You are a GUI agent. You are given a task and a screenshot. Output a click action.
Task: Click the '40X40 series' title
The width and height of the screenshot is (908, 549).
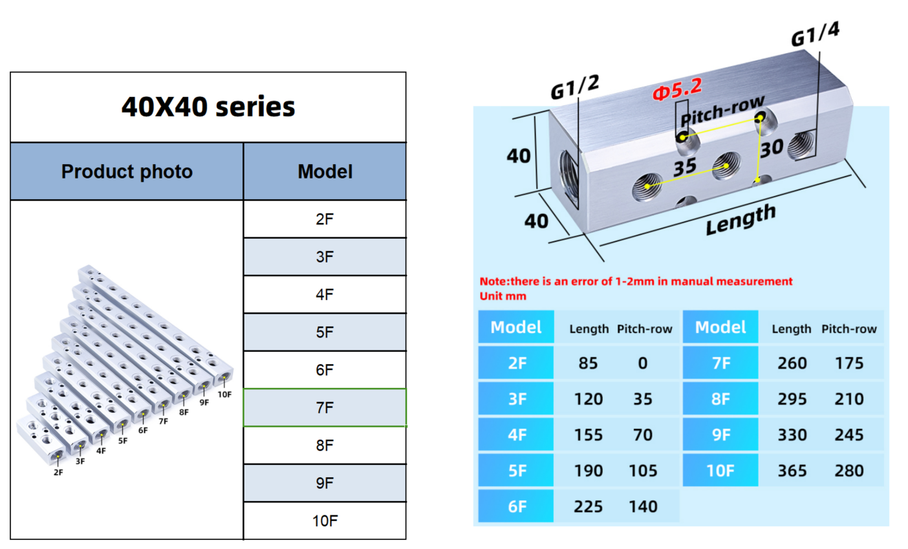pos(208,107)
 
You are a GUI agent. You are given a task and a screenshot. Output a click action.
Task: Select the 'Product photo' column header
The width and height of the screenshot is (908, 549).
pos(127,171)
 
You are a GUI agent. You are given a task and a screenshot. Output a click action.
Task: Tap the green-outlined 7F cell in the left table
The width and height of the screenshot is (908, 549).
pos(325,407)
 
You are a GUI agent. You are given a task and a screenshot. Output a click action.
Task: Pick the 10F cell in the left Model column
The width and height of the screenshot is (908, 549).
pos(325,521)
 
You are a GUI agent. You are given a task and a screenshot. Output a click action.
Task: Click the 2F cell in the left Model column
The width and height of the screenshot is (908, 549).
pos(325,219)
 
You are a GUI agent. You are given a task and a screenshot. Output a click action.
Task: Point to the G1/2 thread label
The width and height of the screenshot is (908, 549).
pos(574,87)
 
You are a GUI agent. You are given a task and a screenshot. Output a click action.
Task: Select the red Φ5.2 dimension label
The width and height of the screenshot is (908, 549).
pos(676,90)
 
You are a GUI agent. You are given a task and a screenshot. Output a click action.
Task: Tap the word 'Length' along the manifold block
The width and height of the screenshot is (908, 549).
pos(740,220)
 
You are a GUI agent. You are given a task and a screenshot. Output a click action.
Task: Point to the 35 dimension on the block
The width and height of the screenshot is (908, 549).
pos(685,167)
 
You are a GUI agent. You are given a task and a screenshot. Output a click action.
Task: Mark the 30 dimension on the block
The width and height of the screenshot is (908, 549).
pos(772,149)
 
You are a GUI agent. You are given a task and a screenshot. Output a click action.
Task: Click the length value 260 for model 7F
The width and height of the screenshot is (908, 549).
pos(792,363)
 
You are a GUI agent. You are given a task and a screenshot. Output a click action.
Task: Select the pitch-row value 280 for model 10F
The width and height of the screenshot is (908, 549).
pos(849,471)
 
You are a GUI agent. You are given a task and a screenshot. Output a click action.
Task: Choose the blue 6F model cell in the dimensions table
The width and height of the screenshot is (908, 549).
pos(516,506)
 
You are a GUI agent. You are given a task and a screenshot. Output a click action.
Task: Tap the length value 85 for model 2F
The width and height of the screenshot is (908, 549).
pos(588,363)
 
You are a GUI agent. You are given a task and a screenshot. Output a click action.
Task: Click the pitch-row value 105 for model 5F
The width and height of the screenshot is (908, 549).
pos(643,471)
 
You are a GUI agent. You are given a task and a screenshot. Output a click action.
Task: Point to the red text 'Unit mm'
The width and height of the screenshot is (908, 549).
pos(503,296)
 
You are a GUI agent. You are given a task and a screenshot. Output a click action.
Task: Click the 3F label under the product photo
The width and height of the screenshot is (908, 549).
pos(80,462)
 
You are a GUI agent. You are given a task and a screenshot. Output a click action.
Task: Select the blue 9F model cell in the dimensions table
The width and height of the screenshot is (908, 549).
pos(720,435)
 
